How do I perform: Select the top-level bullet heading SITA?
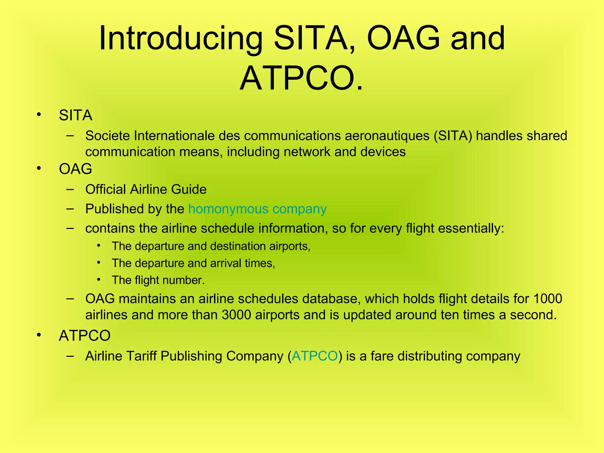click(x=75, y=115)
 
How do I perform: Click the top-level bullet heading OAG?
click(x=75, y=169)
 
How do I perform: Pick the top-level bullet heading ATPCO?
click(x=85, y=336)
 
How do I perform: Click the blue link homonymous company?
click(x=257, y=209)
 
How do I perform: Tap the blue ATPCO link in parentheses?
click(x=315, y=356)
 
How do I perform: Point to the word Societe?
click(x=107, y=136)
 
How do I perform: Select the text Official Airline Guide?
click(x=146, y=189)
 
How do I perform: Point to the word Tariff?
click(x=142, y=356)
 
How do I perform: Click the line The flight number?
click(x=158, y=280)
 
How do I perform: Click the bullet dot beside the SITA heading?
click(x=39, y=115)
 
